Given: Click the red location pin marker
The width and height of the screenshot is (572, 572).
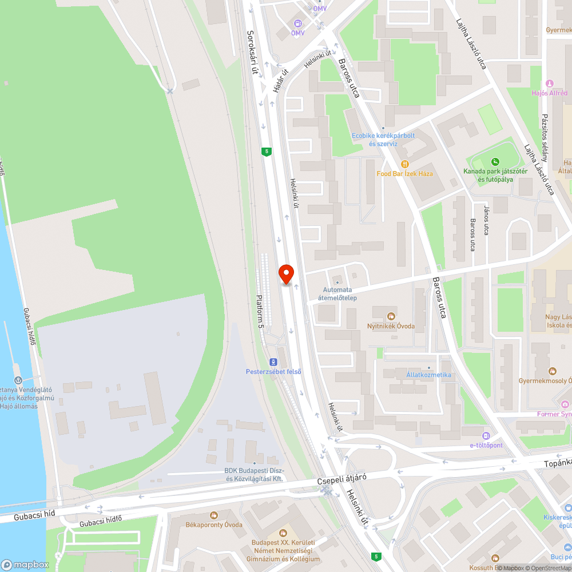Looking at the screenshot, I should click(x=285, y=274).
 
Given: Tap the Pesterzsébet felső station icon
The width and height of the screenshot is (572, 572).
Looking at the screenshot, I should click(x=273, y=362).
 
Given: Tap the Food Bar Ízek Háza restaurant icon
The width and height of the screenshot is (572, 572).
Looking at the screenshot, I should click(x=405, y=164).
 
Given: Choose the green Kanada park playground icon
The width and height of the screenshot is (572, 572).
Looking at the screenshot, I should click(x=495, y=162).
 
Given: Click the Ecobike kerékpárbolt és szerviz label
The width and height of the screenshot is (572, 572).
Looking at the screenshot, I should click(x=383, y=140).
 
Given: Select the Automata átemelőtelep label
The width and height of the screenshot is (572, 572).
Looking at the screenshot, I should click(x=340, y=293).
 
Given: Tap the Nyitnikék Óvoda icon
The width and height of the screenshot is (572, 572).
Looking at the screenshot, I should click(x=391, y=316).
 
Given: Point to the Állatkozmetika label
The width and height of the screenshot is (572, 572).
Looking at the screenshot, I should click(x=428, y=375).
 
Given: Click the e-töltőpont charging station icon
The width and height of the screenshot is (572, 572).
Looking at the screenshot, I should click(x=486, y=436).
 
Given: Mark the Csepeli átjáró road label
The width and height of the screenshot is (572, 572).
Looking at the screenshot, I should click(x=341, y=480).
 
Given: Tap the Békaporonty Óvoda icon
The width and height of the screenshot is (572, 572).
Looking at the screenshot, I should click(x=214, y=515).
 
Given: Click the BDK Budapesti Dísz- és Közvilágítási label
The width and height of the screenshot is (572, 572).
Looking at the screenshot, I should click(x=254, y=475).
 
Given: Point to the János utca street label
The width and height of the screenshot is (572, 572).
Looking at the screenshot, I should click(x=486, y=221).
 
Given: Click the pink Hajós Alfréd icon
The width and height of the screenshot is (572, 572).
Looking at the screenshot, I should click(x=550, y=84).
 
